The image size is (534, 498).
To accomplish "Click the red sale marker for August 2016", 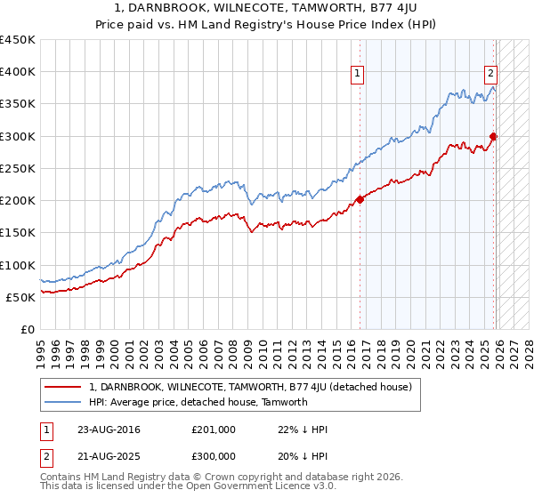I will tap(360, 199).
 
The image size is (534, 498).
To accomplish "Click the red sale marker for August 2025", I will tap(493, 136).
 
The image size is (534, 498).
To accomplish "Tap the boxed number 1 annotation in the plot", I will tap(357, 74).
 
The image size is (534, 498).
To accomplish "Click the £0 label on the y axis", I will tap(28, 329).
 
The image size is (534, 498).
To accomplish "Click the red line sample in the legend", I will tap(63, 388).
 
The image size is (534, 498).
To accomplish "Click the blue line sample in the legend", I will tap(63, 402).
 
